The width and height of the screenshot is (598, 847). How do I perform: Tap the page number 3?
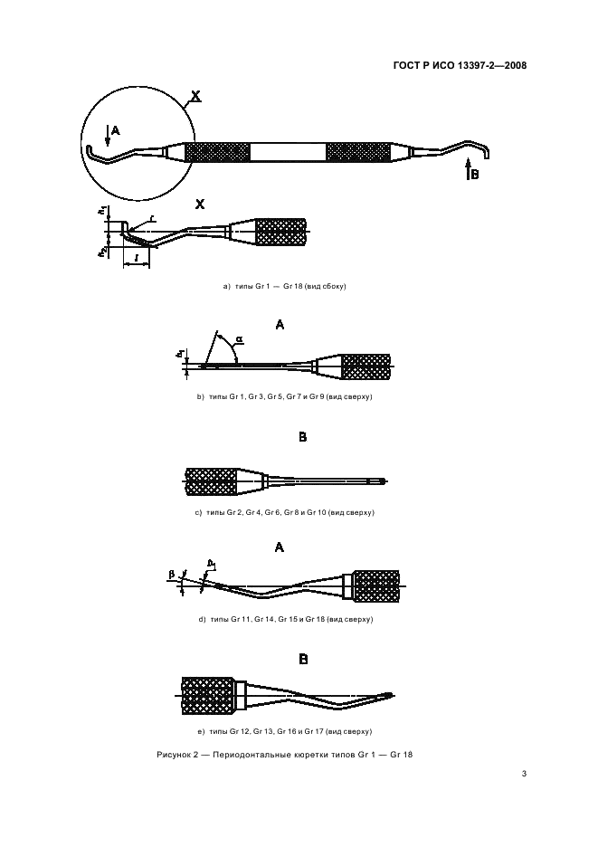[x=524, y=774]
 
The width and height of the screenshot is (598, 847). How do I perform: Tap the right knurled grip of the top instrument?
[x=357, y=151]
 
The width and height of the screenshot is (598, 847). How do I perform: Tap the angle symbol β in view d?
[x=171, y=574]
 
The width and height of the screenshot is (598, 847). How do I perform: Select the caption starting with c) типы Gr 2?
[x=285, y=512]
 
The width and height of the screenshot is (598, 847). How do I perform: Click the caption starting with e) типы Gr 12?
[x=285, y=730]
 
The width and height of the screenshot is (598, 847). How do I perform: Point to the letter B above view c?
[x=303, y=437]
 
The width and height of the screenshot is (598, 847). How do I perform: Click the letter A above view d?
[x=280, y=547]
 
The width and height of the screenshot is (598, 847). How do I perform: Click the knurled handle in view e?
[x=208, y=695]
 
